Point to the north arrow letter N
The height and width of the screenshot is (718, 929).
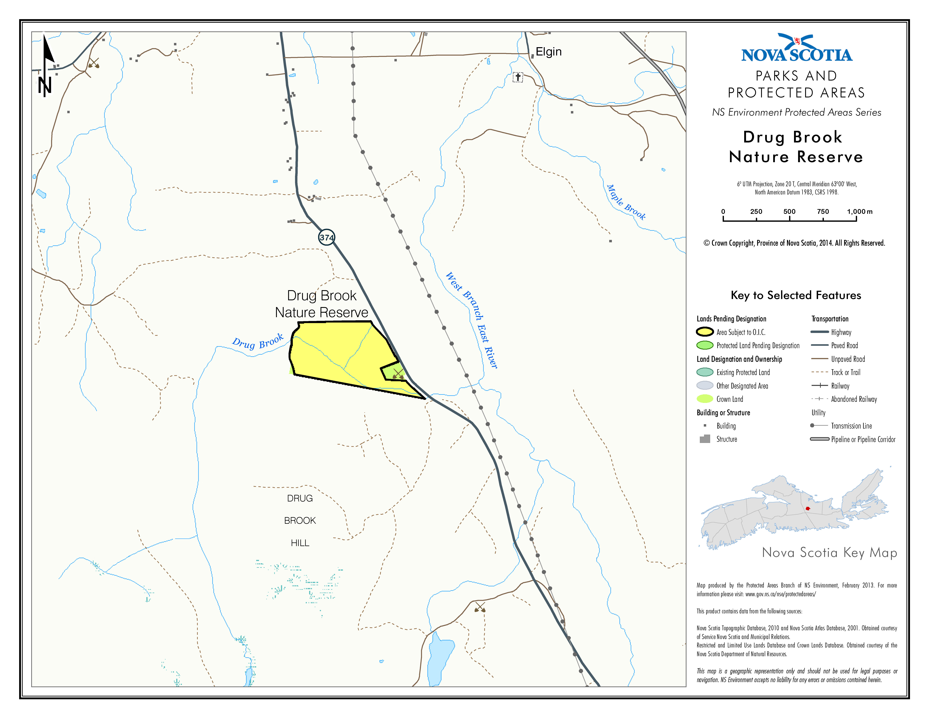45,86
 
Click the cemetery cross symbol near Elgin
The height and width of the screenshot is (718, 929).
518,77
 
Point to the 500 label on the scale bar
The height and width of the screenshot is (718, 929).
790,211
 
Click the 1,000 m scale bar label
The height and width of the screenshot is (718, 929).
859,211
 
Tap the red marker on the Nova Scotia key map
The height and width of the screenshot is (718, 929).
807,508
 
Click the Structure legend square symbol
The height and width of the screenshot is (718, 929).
705,439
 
